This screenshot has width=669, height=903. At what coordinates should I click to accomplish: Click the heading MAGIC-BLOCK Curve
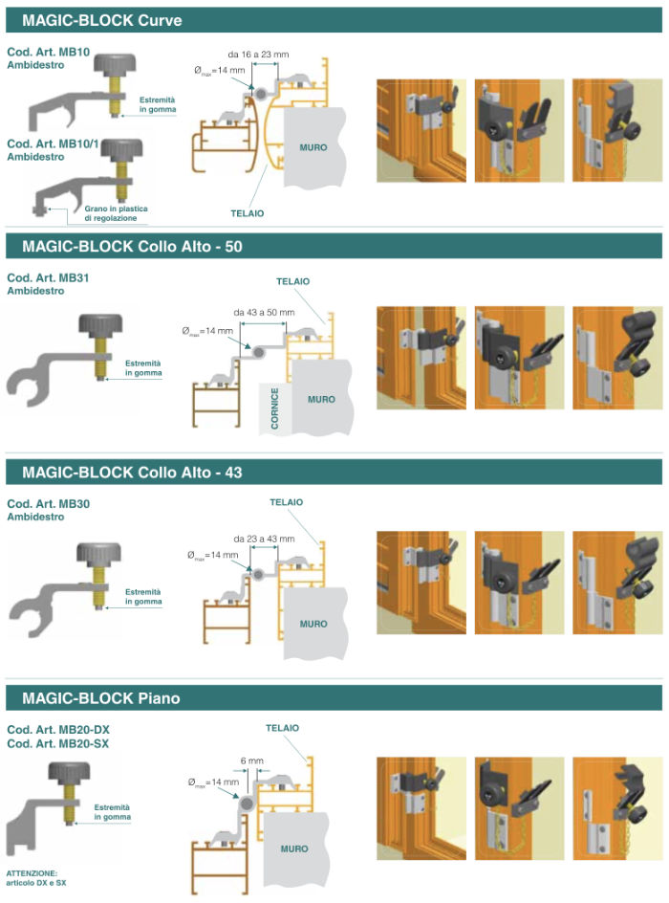tap(102, 20)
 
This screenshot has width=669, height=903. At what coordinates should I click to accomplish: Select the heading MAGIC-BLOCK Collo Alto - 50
tap(132, 247)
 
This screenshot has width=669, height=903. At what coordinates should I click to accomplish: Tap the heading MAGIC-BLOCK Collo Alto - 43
tap(132, 473)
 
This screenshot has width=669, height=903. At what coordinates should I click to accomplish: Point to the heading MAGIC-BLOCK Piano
tap(100, 698)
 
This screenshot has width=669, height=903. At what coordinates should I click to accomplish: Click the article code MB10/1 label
tap(53, 144)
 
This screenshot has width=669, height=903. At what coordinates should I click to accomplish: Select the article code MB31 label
tap(48, 277)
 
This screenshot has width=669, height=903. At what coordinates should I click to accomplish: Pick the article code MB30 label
tap(49, 504)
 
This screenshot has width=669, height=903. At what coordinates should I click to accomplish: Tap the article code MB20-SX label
tap(57, 743)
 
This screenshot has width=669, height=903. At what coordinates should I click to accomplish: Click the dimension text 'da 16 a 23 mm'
tap(258, 55)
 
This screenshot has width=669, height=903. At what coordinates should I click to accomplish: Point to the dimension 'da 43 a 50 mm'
tap(264, 312)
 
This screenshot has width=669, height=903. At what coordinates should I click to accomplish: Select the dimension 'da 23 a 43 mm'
tap(264, 540)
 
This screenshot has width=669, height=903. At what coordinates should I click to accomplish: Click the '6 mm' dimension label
tap(252, 760)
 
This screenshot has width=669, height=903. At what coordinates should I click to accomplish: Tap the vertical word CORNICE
tap(275, 407)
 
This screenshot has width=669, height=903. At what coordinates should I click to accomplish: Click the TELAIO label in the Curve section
tap(248, 213)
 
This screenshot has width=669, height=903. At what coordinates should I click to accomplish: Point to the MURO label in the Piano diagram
tap(294, 848)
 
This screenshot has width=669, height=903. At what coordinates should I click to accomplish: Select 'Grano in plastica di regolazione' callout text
tap(116, 213)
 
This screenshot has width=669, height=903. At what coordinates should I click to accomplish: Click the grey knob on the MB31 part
tap(100, 325)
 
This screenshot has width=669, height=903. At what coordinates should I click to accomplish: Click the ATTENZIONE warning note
tap(35, 878)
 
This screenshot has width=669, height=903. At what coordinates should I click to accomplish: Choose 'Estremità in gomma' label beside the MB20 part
tap(112, 812)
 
